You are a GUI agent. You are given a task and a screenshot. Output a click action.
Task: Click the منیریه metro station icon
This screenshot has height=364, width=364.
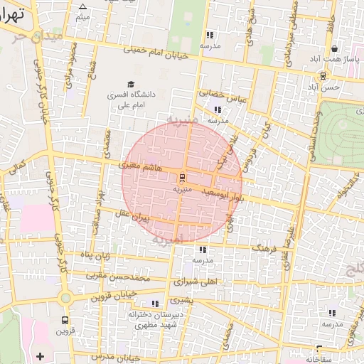click(x=182, y=178)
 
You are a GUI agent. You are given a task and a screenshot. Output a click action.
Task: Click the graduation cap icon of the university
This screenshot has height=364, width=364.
click(x=130, y=85)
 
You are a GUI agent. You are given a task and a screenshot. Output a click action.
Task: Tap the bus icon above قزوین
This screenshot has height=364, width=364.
click(x=65, y=321)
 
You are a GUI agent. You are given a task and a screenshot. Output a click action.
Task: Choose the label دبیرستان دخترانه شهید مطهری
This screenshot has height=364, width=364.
click(x=161, y=318)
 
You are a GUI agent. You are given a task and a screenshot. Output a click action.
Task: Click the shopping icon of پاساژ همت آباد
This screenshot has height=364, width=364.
click(x=334, y=49)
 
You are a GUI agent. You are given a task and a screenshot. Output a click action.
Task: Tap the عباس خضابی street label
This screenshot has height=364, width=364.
click(x=221, y=95)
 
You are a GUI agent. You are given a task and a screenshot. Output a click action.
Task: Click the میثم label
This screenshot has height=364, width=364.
click(x=83, y=16)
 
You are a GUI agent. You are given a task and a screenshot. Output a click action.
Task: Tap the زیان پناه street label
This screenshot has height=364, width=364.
click(x=97, y=255)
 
